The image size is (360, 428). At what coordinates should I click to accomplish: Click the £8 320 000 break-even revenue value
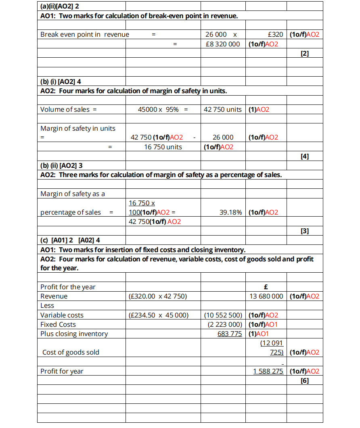(x=223, y=44)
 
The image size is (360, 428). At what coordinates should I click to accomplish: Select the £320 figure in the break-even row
(x=275, y=35)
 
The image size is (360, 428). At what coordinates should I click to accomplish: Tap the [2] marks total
(x=305, y=53)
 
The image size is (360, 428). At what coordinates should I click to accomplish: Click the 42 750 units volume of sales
(x=223, y=109)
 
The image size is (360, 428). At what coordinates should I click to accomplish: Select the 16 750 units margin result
(x=163, y=147)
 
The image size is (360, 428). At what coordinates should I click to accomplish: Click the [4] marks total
(x=305, y=156)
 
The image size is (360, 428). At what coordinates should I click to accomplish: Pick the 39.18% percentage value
(x=230, y=212)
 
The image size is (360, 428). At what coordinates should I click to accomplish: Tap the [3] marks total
(x=305, y=231)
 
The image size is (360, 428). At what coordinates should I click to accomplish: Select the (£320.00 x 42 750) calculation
(x=157, y=296)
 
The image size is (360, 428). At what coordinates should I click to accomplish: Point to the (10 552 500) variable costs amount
(x=223, y=315)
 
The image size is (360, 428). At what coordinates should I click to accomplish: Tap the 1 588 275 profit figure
(x=268, y=371)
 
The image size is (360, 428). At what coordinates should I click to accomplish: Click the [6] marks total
(x=305, y=380)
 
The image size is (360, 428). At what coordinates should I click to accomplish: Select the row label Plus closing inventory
(x=74, y=334)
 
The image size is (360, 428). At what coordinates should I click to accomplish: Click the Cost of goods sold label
(x=71, y=352)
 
